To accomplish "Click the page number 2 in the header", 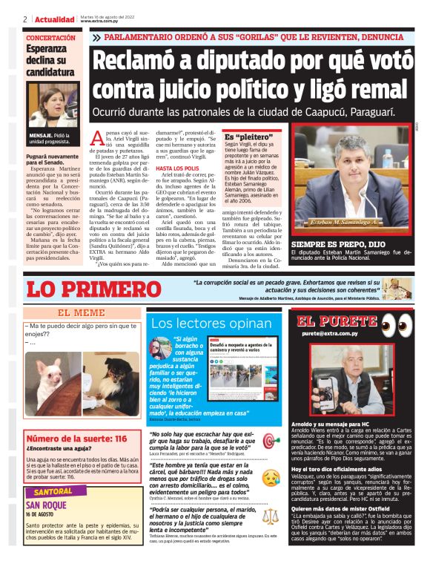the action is (25, 19).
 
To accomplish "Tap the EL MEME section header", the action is (82, 313).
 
